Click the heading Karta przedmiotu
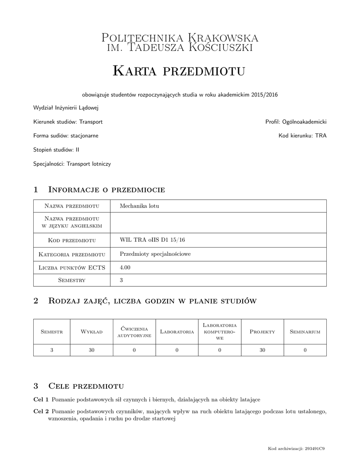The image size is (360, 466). click(x=179, y=71)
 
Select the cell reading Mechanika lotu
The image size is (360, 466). click(x=139, y=206)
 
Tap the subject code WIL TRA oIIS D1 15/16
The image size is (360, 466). click(x=149, y=240)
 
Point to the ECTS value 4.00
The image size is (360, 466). click(x=125, y=268)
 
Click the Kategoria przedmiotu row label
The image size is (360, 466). click(x=72, y=254)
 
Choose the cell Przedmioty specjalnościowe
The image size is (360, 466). click(x=155, y=254)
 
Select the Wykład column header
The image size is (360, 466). click(x=91, y=332)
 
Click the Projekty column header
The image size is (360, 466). click(x=262, y=332)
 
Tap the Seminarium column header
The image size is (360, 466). click(x=305, y=332)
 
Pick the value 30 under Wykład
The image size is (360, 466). click(x=91, y=350)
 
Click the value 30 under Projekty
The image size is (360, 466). click(x=262, y=350)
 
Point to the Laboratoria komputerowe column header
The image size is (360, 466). click(x=219, y=332)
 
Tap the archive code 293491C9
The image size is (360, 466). click(x=315, y=449)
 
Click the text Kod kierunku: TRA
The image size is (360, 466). click(x=302, y=136)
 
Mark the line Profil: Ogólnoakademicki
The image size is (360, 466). click(x=296, y=122)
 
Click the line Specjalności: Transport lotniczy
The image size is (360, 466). click(x=72, y=163)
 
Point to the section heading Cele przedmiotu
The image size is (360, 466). click(x=86, y=386)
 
